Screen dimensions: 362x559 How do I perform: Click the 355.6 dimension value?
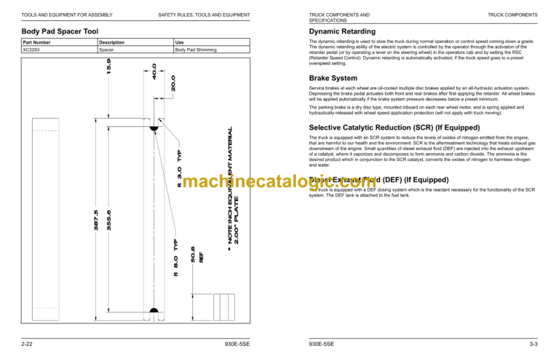tap(109, 220)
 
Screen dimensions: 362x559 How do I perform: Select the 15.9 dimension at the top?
tap(109, 66)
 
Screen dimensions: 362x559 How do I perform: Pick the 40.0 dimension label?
tap(155, 71)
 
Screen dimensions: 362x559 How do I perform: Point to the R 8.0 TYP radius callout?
tap(175, 259)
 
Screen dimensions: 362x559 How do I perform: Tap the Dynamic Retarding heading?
tap(342, 31)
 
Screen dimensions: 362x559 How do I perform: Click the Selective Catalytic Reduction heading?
tap(387, 127)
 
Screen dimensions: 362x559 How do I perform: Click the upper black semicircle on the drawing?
tap(155, 130)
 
